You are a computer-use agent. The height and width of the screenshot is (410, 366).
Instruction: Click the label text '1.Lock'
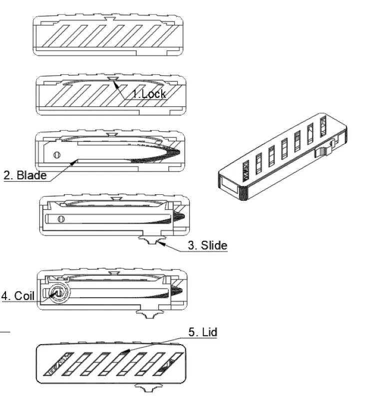149,93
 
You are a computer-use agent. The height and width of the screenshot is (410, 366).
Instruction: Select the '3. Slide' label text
207,245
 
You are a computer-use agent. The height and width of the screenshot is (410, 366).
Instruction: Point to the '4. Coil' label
18,295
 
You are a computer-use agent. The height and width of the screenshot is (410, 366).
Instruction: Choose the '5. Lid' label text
203,332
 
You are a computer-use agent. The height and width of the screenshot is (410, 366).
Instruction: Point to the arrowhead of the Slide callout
161,242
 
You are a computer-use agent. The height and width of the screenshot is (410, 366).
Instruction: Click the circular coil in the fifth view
57,292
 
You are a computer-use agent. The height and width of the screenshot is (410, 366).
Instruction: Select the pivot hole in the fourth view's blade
61,218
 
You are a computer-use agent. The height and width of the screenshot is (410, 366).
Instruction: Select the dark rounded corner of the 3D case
244,192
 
